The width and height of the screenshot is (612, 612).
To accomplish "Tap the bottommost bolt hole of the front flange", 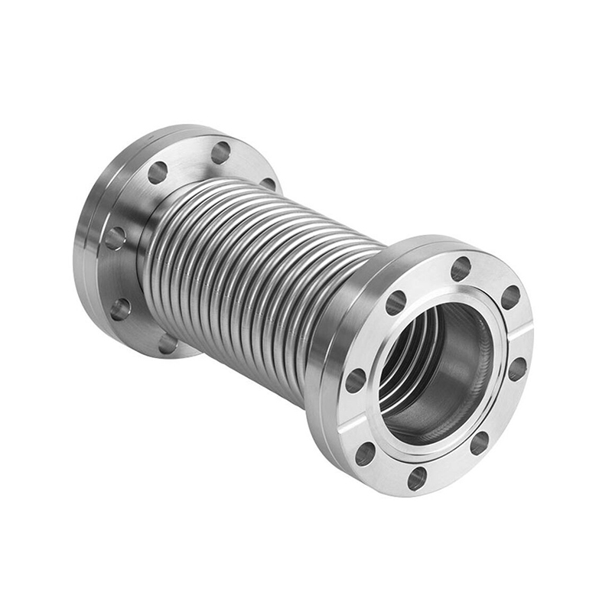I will tap(417, 478).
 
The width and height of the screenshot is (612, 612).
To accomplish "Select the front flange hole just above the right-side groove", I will tap(510, 297).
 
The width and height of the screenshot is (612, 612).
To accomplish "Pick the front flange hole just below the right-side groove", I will tap(517, 369).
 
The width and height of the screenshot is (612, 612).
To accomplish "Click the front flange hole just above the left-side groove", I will tap(356, 380).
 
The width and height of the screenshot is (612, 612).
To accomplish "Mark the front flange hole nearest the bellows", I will tap(396, 303).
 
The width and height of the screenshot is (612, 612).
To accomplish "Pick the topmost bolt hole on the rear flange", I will tap(221, 152).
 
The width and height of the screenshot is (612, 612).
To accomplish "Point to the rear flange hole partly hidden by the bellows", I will tap(268, 184).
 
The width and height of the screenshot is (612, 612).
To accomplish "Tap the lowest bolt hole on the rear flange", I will tap(167, 343).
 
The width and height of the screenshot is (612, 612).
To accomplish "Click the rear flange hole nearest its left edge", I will tap(115, 238).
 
